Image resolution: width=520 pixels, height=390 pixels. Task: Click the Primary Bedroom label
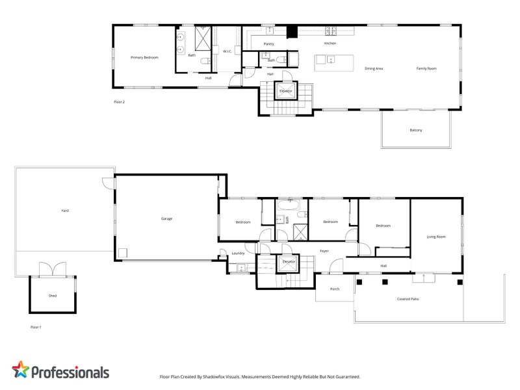[144, 57]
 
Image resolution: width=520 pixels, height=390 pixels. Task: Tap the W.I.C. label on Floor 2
[227, 51]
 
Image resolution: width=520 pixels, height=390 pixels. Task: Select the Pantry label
[268, 44]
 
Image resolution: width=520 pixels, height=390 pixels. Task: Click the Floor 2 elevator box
[286, 90]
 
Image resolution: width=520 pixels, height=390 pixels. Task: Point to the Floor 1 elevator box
[288, 263]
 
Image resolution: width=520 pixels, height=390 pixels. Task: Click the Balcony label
[416, 130]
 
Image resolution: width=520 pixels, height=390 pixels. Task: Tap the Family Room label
[426, 68]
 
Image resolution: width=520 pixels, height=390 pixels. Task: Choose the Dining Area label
[374, 68]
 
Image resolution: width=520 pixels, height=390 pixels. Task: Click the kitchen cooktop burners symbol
[331, 31]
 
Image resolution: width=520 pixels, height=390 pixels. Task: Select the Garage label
[166, 218]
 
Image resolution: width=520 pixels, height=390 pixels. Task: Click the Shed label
[53, 296]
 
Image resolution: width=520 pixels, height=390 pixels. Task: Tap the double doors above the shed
[53, 268]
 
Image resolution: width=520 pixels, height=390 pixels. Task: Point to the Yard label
[65, 210]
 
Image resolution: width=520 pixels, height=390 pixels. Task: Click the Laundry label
[238, 253]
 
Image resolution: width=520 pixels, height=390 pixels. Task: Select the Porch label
[335, 289]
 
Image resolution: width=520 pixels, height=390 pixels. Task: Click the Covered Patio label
[408, 299]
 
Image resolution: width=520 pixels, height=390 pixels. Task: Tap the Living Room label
[436, 237]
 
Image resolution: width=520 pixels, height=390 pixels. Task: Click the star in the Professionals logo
[21, 369]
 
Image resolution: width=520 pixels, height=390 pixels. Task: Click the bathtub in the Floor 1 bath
[289, 205]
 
